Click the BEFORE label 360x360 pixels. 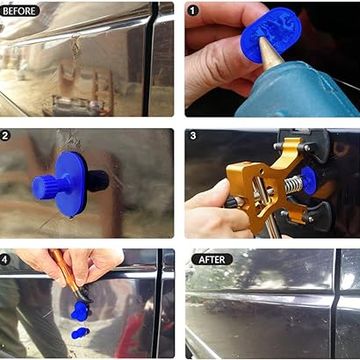click(x=20, y=11)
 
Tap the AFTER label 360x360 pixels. click(x=212, y=259)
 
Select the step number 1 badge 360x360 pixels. click(x=192, y=10)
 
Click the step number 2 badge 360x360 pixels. click(x=5, y=136)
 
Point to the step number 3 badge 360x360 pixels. click(x=193, y=136)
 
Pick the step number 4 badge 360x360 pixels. click(x=5, y=259)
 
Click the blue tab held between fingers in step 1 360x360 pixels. click(x=271, y=34)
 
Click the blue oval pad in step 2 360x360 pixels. click(x=71, y=184)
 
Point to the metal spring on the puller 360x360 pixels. click(x=293, y=185)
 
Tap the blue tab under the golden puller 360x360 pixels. click(x=309, y=180)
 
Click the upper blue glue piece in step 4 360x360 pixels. click(x=81, y=311)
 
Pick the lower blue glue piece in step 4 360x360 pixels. click(x=80, y=333)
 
